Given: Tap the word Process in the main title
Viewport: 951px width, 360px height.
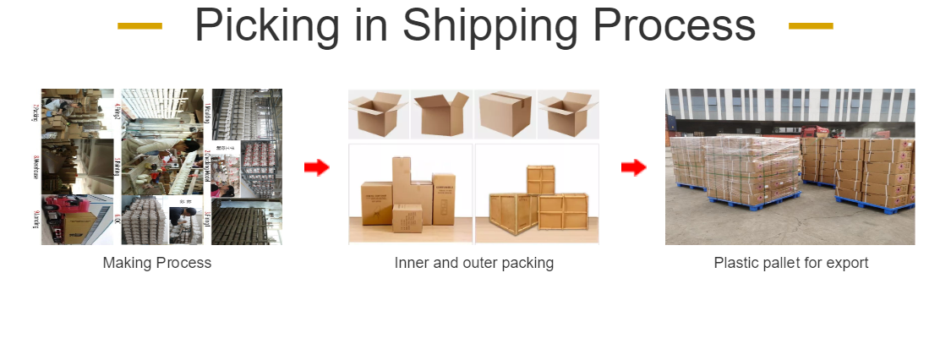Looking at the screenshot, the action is (x=676, y=25).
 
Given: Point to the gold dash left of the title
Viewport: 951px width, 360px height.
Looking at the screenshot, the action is (x=139, y=26).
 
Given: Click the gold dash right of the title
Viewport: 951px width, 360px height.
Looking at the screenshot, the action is (x=811, y=26).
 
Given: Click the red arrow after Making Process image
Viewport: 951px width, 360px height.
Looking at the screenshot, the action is (x=316, y=167).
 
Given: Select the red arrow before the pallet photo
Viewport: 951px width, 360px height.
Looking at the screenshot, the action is (x=633, y=167).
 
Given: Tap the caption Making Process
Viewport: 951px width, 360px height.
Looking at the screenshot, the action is (x=157, y=263).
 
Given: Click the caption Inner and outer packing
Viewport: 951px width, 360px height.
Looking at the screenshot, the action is (x=473, y=263).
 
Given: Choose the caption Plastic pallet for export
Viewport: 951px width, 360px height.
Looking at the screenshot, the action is (x=790, y=263).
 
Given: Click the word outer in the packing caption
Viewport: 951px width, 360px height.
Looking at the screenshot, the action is (x=480, y=263).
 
